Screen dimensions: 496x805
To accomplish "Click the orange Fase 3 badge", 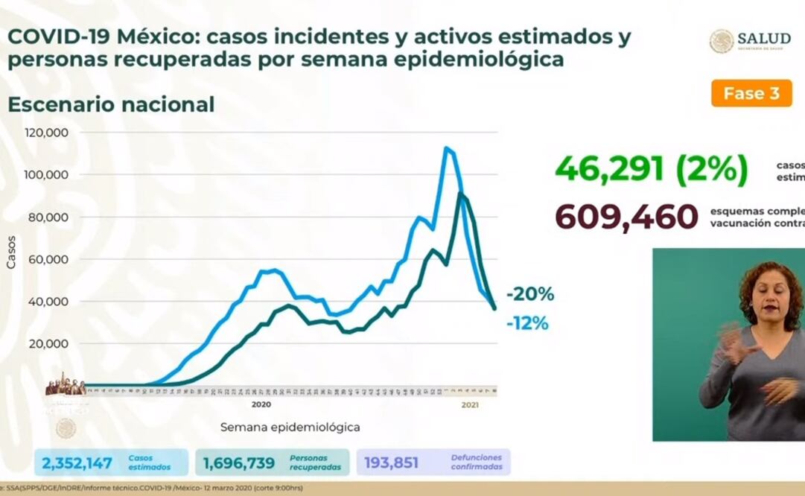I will [x=751, y=94].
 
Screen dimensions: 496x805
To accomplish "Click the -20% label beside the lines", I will [x=529, y=295].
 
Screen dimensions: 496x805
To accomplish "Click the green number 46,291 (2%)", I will [x=651, y=170].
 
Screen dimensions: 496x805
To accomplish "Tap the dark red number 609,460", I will [x=626, y=217].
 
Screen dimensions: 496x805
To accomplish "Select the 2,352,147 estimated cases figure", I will [x=77, y=463].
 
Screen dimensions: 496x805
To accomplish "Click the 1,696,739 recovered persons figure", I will [x=239, y=463].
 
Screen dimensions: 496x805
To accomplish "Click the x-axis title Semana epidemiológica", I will [x=290, y=427].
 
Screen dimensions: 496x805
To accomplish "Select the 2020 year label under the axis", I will [x=261, y=405].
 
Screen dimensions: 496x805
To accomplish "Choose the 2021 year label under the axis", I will [x=470, y=405].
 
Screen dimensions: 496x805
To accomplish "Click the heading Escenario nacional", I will [x=111, y=105].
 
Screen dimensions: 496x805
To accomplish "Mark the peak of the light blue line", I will [x=446, y=147].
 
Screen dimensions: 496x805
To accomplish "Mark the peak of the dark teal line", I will [x=461, y=194].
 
